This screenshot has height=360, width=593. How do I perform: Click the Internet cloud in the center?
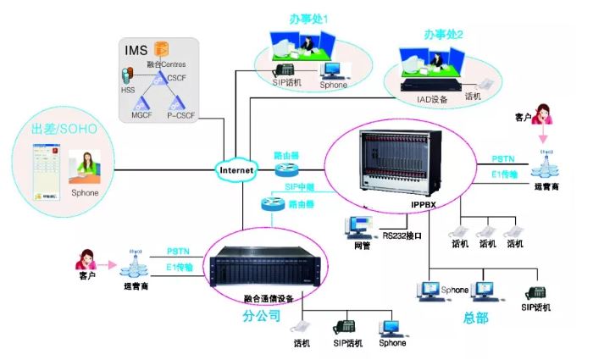(x=236, y=170)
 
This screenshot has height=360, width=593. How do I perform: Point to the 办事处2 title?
(x=443, y=35)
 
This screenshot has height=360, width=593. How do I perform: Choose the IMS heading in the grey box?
(x=136, y=51)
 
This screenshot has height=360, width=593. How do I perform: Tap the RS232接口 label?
(x=402, y=235)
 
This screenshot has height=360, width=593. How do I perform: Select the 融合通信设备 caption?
(x=269, y=298)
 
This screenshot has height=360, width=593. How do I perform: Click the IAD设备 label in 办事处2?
(x=433, y=97)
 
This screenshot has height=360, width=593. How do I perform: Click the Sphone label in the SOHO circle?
(x=86, y=193)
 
